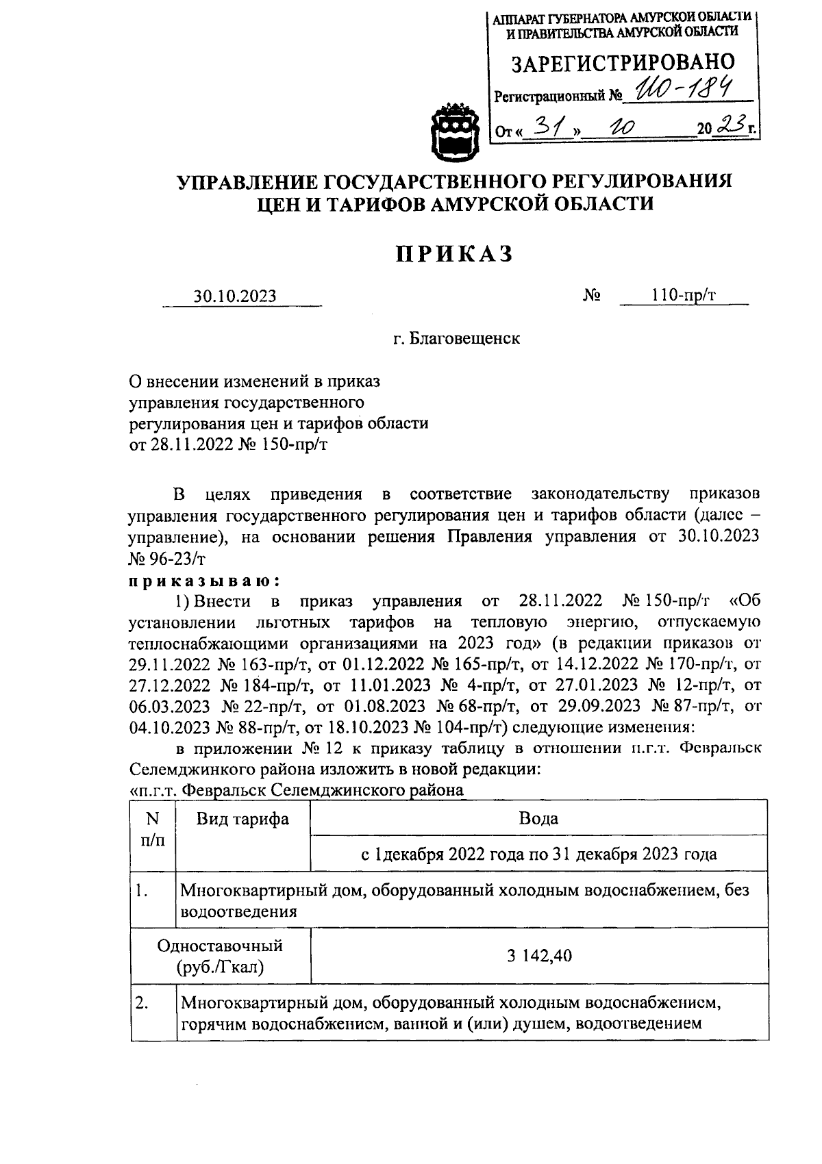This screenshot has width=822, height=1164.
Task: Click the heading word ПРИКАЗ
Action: [x=454, y=254]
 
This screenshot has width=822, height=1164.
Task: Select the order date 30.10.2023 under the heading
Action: [x=235, y=296]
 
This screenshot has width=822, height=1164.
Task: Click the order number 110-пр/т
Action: [x=684, y=295]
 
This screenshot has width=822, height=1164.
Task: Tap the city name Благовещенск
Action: [x=456, y=338]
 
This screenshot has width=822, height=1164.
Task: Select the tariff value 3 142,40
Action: [x=539, y=955]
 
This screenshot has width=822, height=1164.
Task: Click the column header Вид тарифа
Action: [x=242, y=819]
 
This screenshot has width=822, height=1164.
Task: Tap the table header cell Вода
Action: [x=538, y=818]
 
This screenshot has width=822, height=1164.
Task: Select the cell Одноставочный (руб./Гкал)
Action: [x=220, y=956]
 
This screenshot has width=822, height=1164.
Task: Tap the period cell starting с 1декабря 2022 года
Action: [x=538, y=854]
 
